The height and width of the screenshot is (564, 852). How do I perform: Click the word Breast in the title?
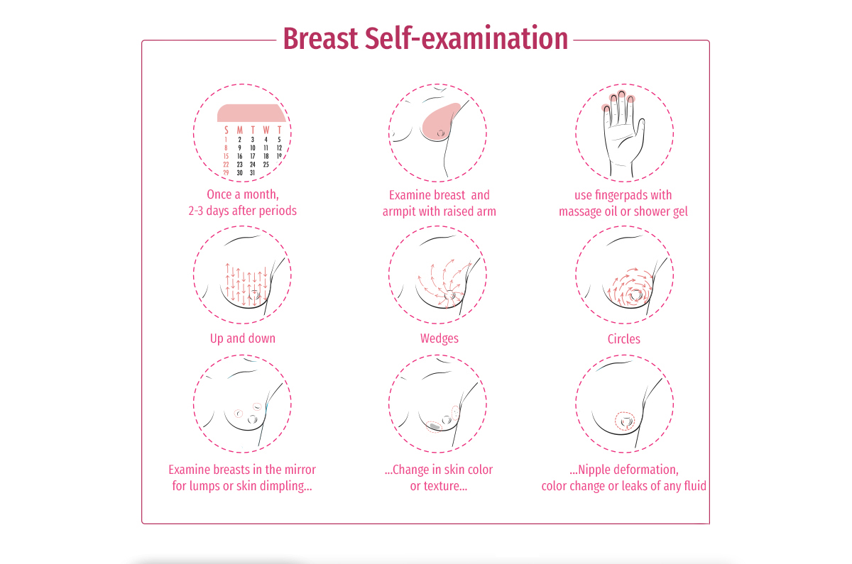coord(320,39)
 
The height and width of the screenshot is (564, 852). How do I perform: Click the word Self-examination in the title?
coord(466,38)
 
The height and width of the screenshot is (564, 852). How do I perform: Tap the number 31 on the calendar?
coord(252,172)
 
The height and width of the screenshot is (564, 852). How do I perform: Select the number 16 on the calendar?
coord(240,156)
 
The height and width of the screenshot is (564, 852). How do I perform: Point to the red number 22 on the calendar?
coord(226,165)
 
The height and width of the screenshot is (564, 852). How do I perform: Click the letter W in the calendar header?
coord(266,130)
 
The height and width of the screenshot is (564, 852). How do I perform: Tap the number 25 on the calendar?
coord(266,165)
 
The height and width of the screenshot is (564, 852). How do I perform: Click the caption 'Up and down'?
coord(243,338)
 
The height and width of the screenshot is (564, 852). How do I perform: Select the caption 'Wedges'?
coord(439,338)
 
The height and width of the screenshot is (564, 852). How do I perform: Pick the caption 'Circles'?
coord(624,338)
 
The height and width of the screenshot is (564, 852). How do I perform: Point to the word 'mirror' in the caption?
coord(300,470)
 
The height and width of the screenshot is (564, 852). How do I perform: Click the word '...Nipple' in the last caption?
coord(590,470)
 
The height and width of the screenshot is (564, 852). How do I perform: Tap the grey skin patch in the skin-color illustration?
coord(435,427)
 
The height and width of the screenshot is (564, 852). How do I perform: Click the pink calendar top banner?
coord(251,113)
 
